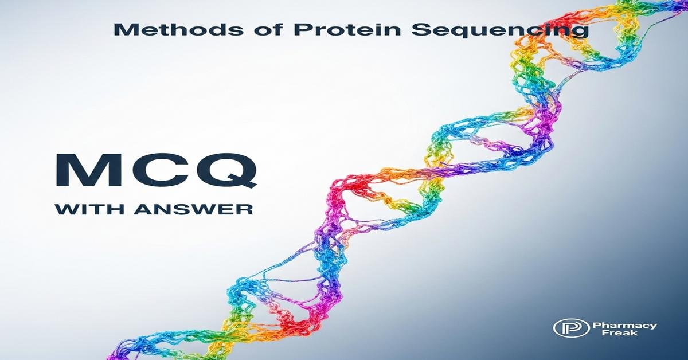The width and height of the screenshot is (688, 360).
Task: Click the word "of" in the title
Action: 232,30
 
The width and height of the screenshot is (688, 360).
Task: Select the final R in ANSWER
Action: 244,209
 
